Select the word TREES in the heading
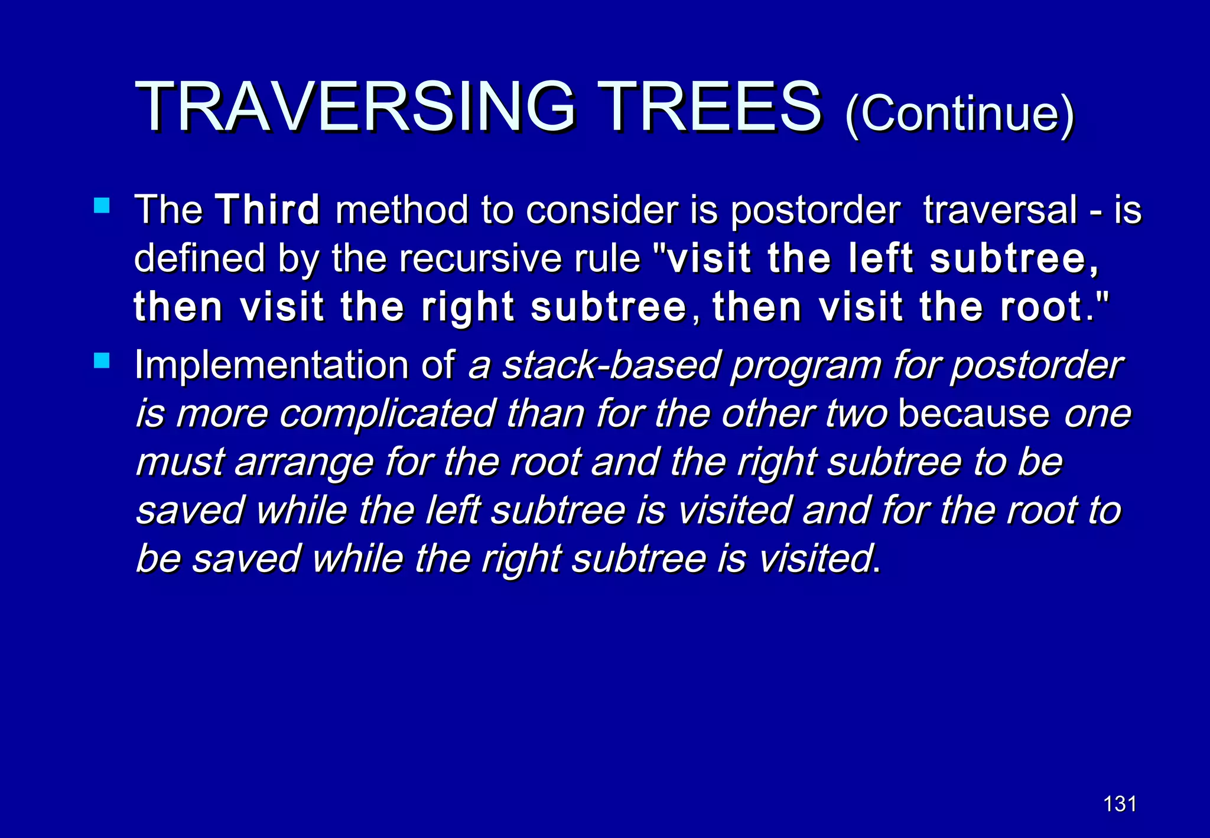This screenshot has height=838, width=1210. point(709,108)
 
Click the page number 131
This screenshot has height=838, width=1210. point(1120,804)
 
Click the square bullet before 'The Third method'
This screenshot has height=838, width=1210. point(102,206)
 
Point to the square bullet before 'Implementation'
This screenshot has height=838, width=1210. point(102,360)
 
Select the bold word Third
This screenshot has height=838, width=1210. point(268,210)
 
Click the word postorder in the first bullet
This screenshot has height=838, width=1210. point(815,211)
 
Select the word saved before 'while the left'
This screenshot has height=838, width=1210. point(190,511)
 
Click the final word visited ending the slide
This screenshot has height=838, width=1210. point(815,559)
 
